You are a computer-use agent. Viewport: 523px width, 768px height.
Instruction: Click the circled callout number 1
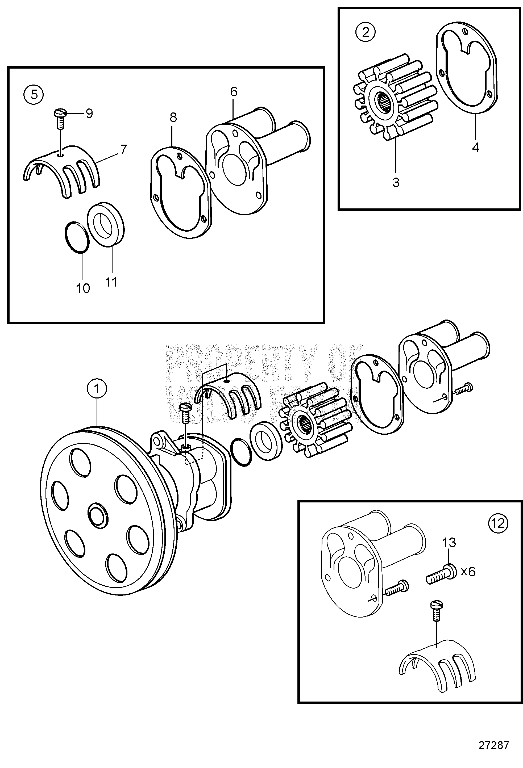pyautogui.click(x=97, y=389)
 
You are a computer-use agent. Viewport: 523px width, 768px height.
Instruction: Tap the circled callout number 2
pyautogui.click(x=365, y=32)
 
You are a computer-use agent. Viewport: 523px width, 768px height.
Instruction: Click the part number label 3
pyautogui.click(x=396, y=182)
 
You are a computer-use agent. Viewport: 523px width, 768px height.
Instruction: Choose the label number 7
pyautogui.click(x=124, y=150)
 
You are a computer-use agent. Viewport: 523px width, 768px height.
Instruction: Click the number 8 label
pyautogui.click(x=173, y=117)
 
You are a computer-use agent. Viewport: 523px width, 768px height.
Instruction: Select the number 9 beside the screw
pyautogui.click(x=89, y=113)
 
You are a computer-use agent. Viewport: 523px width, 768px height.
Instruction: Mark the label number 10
pyautogui.click(x=83, y=288)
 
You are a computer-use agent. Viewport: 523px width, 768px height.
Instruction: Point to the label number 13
pyautogui.click(x=449, y=542)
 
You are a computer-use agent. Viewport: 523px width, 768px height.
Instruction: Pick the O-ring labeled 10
pyautogui.click(x=77, y=237)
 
